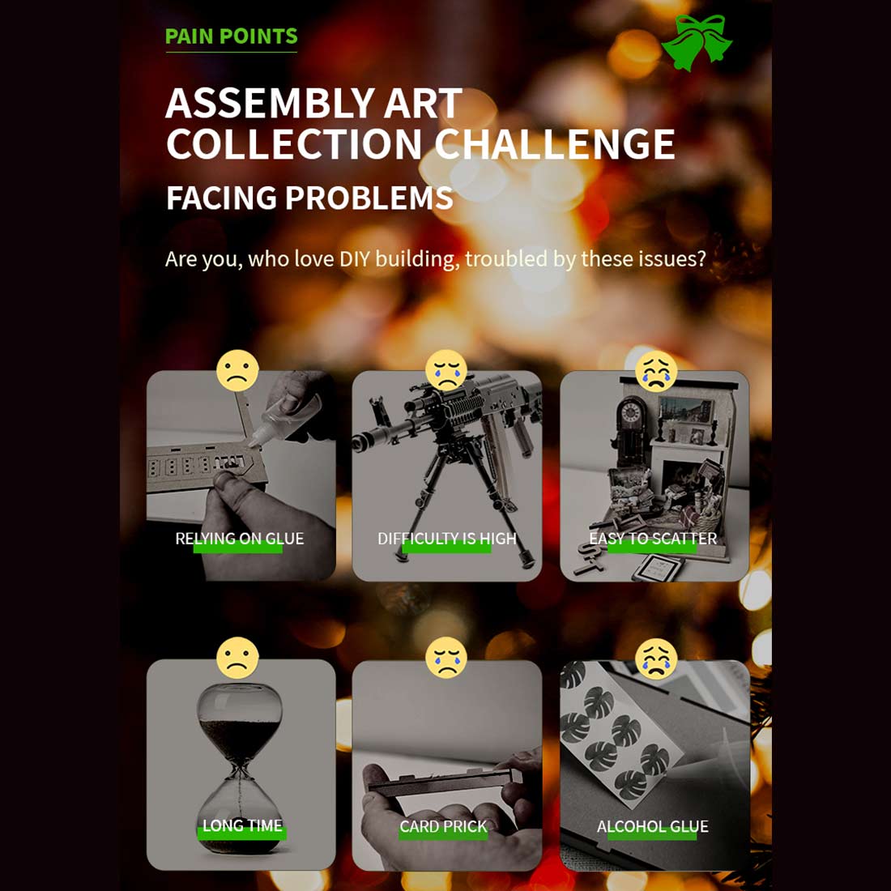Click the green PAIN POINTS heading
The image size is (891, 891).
tap(232, 36)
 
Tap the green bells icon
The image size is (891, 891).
tap(697, 42)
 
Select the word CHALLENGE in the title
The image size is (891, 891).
tap(555, 143)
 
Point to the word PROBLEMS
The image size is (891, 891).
tap(369, 198)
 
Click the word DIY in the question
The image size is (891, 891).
tap(354, 259)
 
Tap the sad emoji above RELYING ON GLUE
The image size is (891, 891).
tap(237, 370)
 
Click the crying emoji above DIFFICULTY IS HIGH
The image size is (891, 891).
tap(446, 370)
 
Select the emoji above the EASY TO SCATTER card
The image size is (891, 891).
tap(656, 371)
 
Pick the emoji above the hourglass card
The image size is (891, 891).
tap(237, 658)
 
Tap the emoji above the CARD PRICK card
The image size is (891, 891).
tap(446, 658)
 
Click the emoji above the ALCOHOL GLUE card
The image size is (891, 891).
tap(656, 659)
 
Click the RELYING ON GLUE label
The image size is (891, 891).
tap(239, 539)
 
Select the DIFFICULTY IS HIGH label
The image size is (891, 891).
tap(446, 539)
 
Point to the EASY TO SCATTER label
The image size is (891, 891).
tap(653, 539)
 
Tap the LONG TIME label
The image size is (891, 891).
tap(243, 825)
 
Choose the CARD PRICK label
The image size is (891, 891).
tap(443, 827)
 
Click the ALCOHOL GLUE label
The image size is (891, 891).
tap(652, 827)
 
